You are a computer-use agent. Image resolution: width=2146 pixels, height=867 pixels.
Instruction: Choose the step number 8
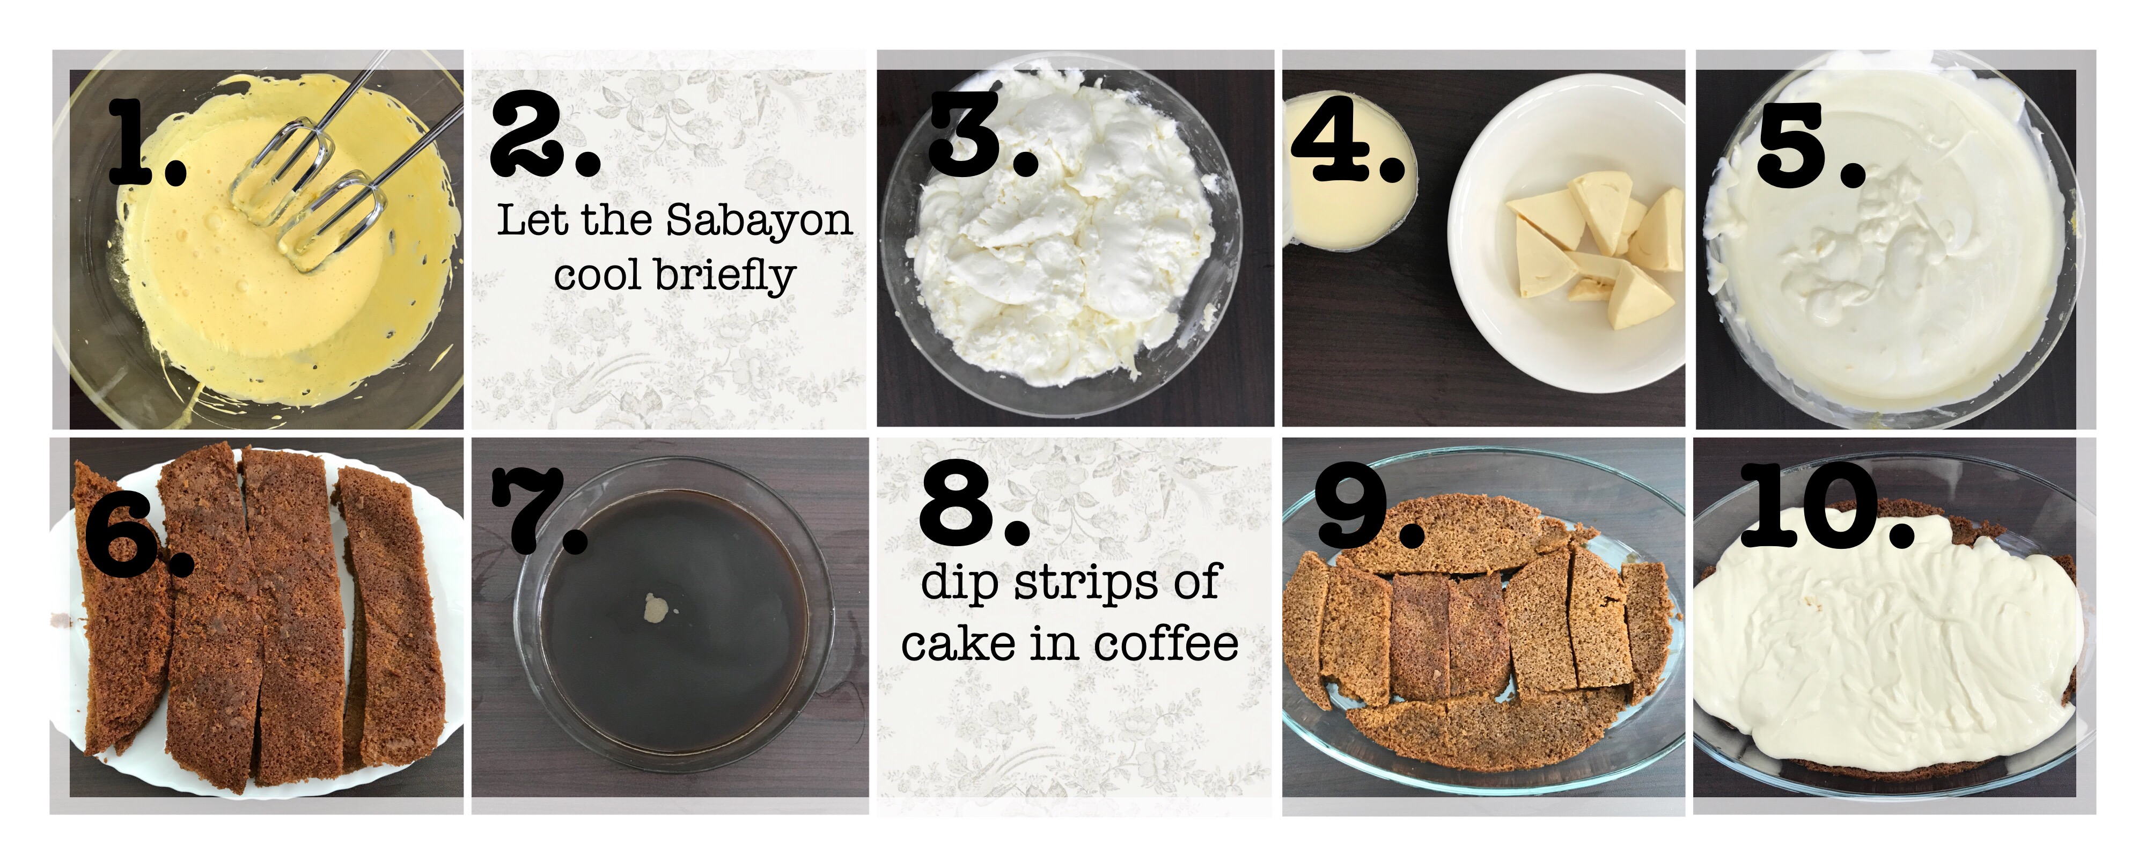[x=974, y=503]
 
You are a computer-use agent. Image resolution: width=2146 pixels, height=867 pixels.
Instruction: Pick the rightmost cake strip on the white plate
[x=392, y=616]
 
